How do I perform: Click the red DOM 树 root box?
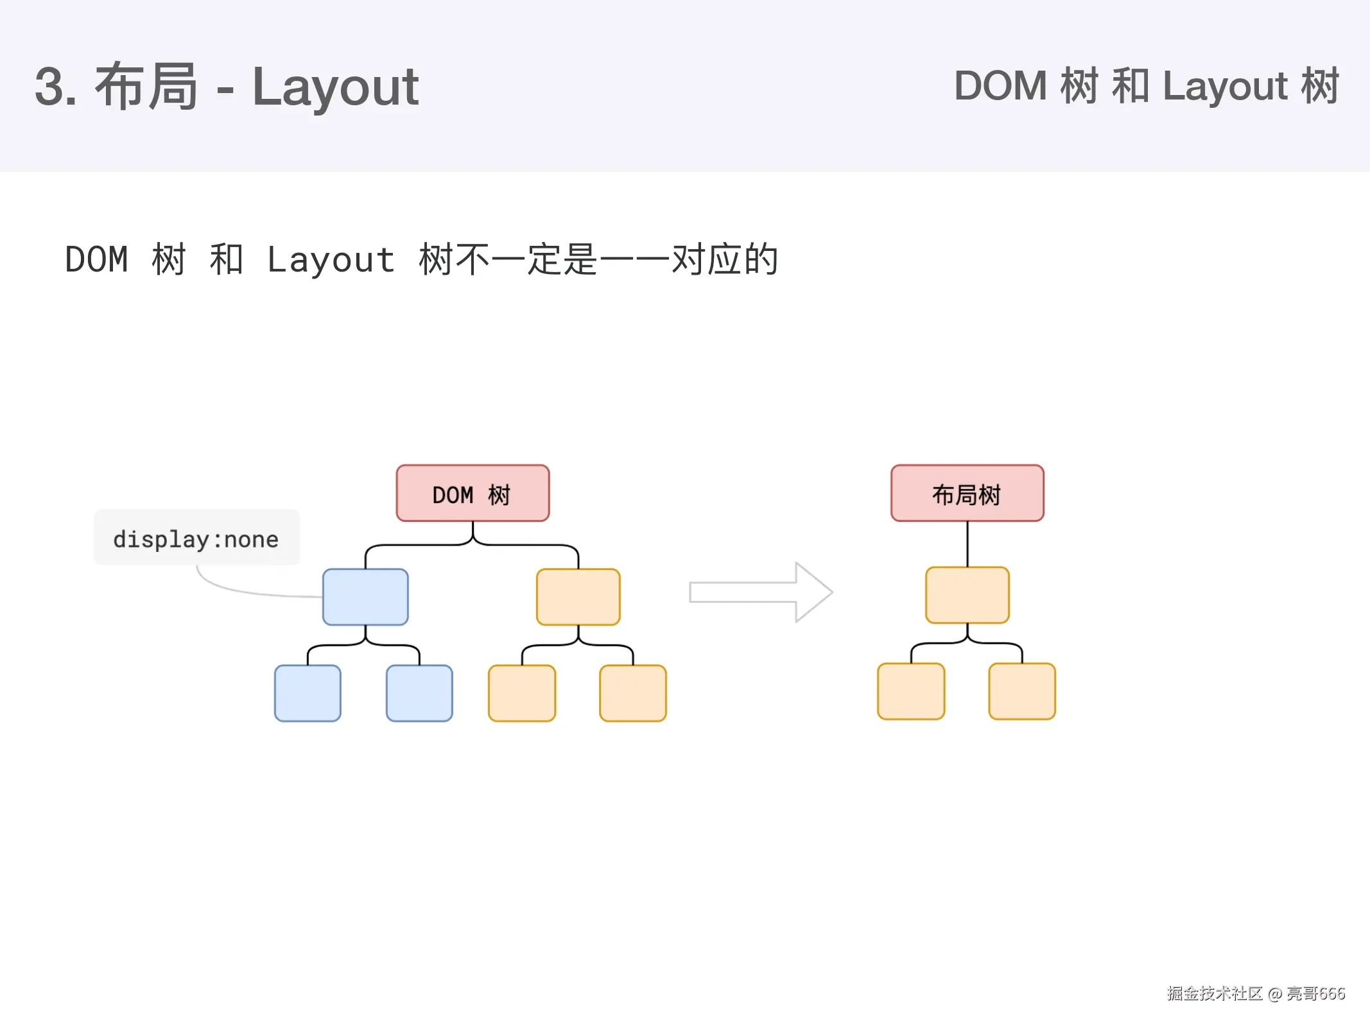coord(473,493)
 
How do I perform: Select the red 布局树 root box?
coord(967,493)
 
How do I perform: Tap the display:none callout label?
coord(196,538)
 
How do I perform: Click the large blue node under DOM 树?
coord(365,596)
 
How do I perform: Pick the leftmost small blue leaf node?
coord(308,693)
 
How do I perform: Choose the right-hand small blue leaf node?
coord(419,693)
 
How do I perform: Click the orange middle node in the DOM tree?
coord(578,596)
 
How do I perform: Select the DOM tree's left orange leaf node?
coord(521,693)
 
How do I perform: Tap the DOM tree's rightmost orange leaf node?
coord(632,693)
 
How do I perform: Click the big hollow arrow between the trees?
coord(761,592)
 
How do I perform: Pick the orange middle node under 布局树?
coord(967,594)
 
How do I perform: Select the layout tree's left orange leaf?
coord(910,691)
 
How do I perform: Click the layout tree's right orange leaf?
coord(1021,691)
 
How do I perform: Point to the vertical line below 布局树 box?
coord(967,544)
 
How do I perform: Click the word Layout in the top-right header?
coord(1224,86)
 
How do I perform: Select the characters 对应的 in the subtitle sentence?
coord(724,259)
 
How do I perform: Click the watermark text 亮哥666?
coord(1315,993)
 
